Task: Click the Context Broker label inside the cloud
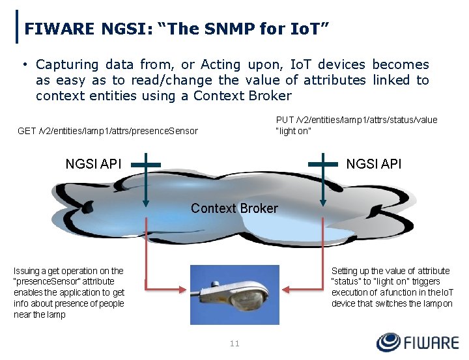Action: click(x=234, y=208)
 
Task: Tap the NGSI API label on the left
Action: click(x=93, y=164)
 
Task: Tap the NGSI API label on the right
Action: click(x=373, y=164)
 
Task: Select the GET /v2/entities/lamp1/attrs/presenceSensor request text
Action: click(x=107, y=131)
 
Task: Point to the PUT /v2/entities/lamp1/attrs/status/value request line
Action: click(x=356, y=120)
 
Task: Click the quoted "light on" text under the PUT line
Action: click(x=294, y=131)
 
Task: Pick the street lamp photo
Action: click(x=234, y=294)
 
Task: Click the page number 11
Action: click(x=234, y=343)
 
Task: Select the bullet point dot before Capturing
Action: click(x=24, y=64)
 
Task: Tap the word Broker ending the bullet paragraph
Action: click(x=270, y=96)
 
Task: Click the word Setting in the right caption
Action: click(x=346, y=271)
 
